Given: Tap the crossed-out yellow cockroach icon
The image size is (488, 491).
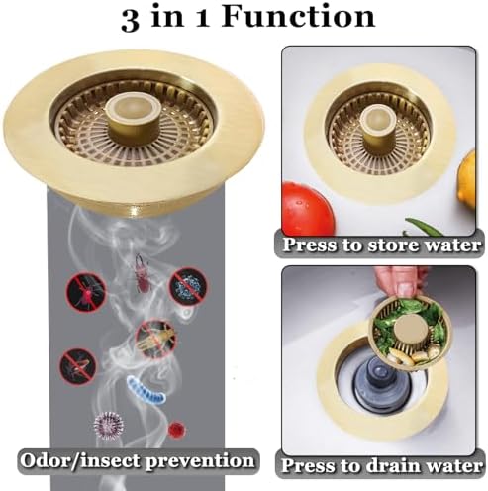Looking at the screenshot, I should (156, 336).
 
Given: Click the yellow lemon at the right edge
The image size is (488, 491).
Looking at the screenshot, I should (467, 178).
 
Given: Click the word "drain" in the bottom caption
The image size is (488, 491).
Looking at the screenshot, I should (389, 462).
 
